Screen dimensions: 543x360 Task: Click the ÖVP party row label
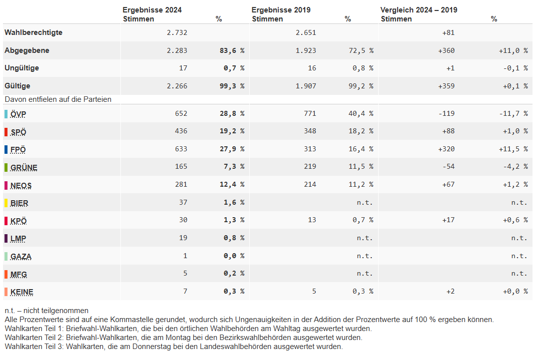18,114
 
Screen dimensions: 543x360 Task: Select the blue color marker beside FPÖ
6,149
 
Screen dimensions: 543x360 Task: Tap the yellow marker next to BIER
6,203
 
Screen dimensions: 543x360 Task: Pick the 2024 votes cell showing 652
181,113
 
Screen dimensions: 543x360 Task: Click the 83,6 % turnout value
232,50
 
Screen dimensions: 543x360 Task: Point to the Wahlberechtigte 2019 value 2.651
306,32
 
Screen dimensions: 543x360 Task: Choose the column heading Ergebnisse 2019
281,9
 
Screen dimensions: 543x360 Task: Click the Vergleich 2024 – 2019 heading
419,9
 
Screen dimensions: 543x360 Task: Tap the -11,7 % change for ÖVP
513,113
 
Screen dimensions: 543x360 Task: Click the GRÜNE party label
24,168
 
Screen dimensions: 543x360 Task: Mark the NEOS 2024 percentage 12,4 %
232,185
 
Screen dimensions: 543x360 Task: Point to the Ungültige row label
21,68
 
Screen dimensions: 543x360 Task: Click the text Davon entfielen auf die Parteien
58,99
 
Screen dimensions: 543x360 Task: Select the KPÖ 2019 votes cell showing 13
312,220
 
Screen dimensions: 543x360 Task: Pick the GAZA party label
21,257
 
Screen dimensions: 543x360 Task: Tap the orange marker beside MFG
6,274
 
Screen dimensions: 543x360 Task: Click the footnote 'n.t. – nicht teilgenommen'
47,311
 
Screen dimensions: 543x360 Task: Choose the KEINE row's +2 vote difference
451,292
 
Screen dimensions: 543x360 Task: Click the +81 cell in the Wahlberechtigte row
449,32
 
